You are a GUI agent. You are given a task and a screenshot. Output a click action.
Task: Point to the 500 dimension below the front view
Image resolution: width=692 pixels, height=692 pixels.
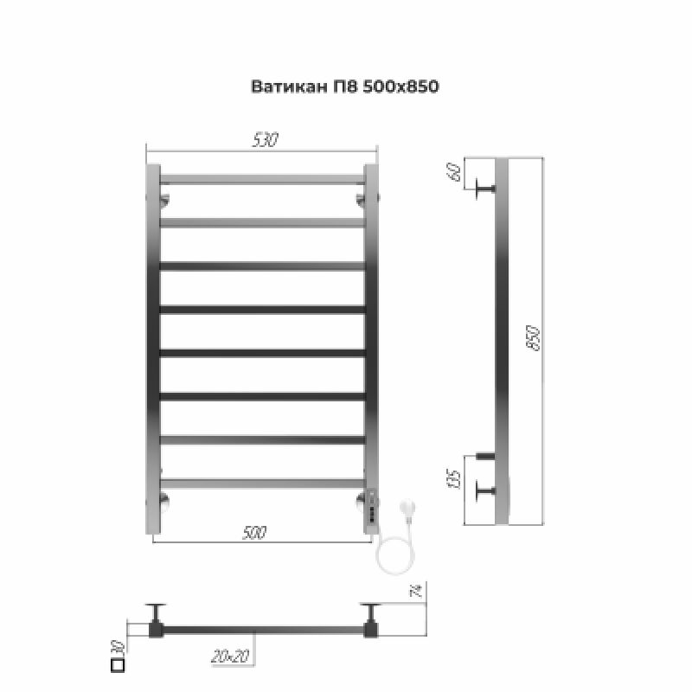click(253, 533)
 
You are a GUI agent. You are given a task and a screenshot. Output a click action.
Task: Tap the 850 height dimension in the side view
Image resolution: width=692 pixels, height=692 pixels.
click(534, 338)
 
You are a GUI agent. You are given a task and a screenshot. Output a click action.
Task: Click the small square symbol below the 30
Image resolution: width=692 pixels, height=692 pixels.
click(119, 666)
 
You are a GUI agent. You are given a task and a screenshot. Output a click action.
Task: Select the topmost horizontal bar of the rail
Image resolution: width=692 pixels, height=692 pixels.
click(262, 179)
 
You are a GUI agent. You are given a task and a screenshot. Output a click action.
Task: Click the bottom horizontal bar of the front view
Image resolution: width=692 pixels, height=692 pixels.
click(262, 483)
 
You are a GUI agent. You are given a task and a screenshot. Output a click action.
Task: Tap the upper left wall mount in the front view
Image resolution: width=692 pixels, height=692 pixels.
click(163, 201)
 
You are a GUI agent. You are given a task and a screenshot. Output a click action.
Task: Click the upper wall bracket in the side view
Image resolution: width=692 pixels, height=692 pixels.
click(484, 188)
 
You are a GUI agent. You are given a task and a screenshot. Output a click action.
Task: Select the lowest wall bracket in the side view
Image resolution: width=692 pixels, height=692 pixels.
click(484, 491)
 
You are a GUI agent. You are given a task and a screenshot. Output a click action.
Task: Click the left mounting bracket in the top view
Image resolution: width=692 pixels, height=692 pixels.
click(156, 620)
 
